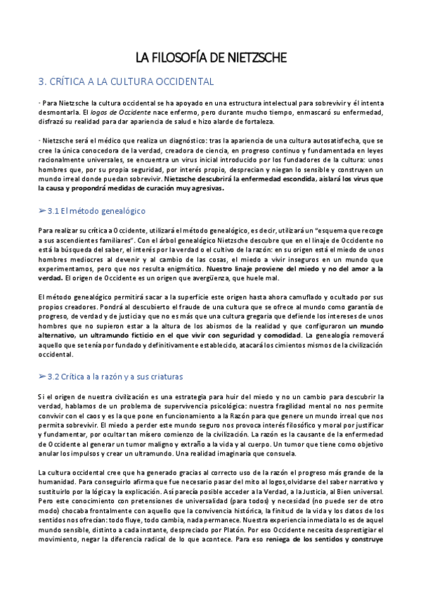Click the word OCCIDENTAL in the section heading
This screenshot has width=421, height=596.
[174, 82]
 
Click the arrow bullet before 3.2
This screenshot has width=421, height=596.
[44, 377]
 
